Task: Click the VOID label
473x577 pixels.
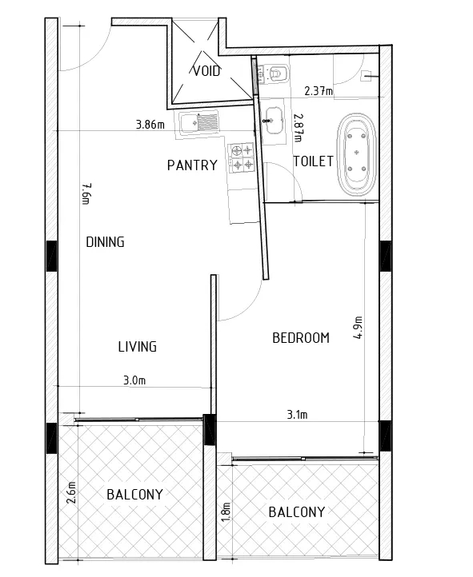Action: point(206,70)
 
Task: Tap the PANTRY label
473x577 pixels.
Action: point(192,165)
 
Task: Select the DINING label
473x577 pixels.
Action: point(105,242)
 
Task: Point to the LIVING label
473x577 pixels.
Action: point(138,347)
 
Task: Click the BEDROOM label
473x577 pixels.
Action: point(301,338)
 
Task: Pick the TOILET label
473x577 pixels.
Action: point(314,161)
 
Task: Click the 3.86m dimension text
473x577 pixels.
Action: point(150,125)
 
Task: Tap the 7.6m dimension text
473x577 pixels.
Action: point(86,193)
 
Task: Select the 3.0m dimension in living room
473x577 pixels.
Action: point(134,380)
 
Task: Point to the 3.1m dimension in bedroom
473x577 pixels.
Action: point(297,415)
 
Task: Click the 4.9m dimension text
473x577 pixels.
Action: point(358,327)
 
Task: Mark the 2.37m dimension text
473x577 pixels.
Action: point(319,90)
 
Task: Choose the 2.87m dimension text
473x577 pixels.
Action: point(298,127)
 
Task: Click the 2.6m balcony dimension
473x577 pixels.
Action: point(71,492)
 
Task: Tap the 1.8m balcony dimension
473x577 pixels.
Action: point(226,511)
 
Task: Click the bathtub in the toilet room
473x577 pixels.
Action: point(357,153)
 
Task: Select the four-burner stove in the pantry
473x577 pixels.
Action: point(242,158)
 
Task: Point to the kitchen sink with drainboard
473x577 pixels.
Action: point(199,121)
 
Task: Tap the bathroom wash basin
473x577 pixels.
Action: point(273,121)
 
